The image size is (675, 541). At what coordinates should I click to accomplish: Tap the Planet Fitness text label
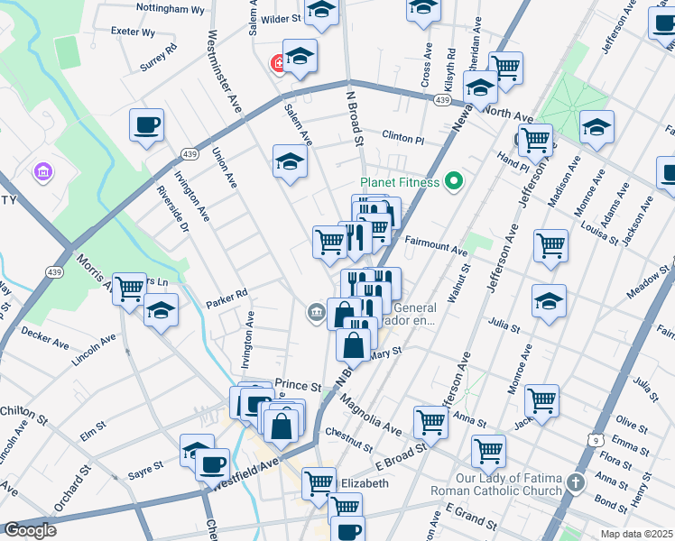pyautogui.click(x=400, y=182)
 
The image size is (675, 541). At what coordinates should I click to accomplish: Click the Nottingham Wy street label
pyautogui.click(x=170, y=9)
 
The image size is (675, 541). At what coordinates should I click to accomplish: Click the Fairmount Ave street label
pyautogui.click(x=436, y=243)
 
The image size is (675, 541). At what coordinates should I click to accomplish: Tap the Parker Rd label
pyautogui.click(x=226, y=294)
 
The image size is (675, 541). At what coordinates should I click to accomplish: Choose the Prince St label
pyautogui.click(x=298, y=386)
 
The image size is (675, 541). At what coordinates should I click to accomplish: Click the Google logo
pyautogui.click(x=30, y=530)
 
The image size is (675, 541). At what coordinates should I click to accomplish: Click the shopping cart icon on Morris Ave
pyautogui.click(x=129, y=289)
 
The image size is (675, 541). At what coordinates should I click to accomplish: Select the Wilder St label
pyautogui.click(x=281, y=17)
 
